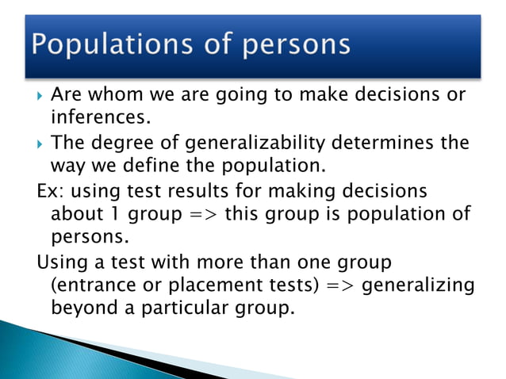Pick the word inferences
(95, 119)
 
